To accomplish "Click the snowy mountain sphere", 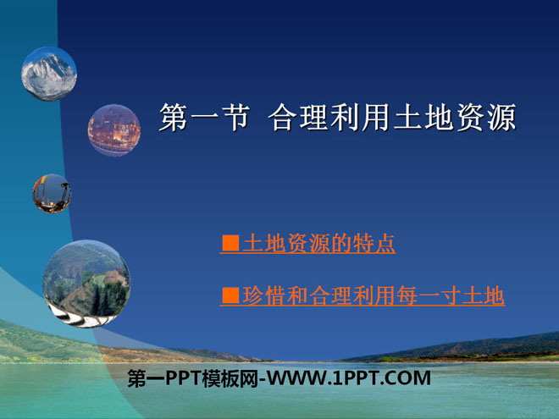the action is click(49, 74).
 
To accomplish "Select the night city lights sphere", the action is click(114, 130).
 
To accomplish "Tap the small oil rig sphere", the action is click(52, 194).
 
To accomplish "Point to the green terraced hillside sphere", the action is click(86, 284).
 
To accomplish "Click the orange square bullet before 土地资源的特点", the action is click(230, 243).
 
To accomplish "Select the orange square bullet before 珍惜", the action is click(230, 295).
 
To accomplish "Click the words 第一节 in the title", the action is click(203, 117).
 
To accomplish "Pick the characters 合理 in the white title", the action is click(298, 117).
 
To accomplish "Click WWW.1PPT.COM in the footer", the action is click(349, 378).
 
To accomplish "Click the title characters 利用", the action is click(361, 117).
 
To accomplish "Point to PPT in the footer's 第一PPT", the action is click(183, 378).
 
